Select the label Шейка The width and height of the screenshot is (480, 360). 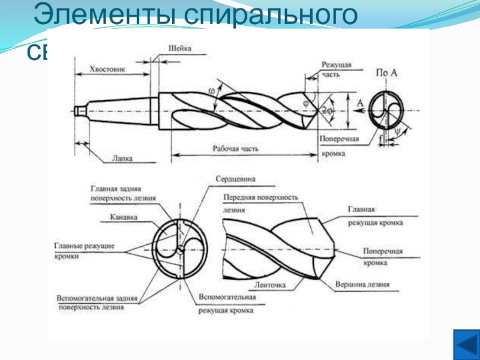pyautogui.click(x=180, y=49)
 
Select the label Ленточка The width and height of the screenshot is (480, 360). pyautogui.click(x=270, y=284)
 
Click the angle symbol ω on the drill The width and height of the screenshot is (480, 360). pyautogui.click(x=212, y=91)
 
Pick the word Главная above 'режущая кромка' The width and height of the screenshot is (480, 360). pyautogui.click(x=361, y=209)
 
